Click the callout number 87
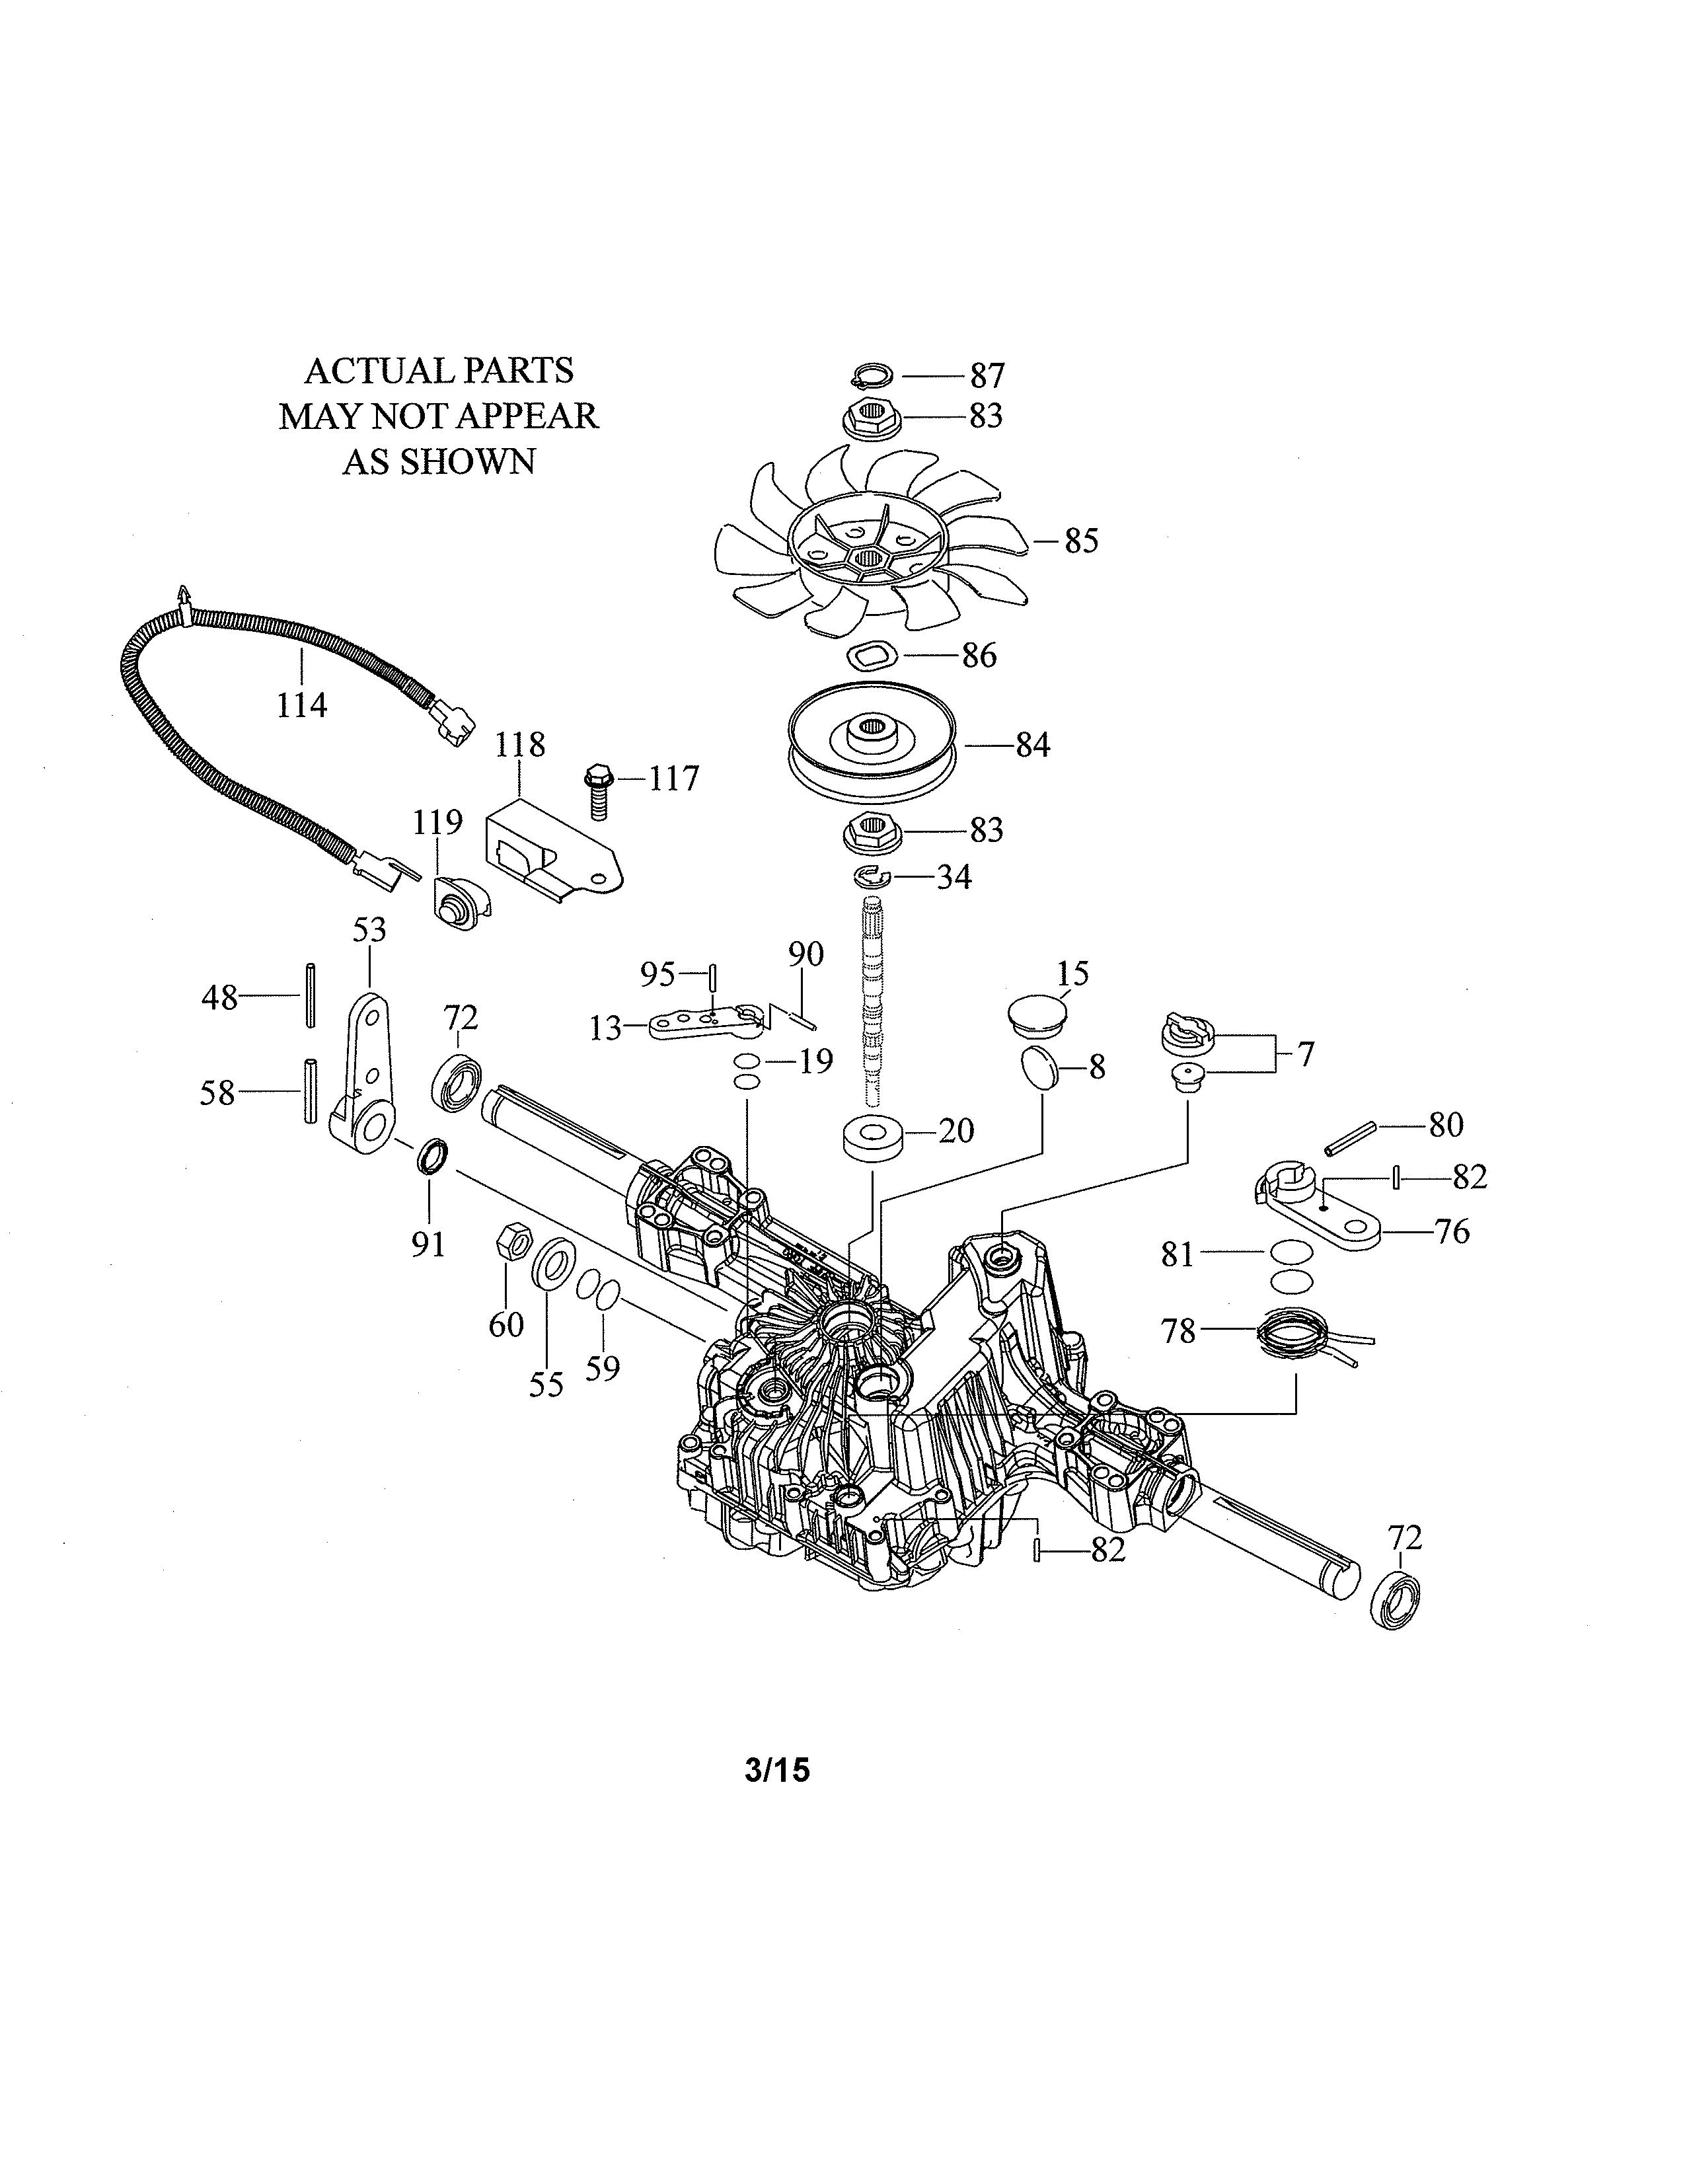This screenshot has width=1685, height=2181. pyautogui.click(x=987, y=377)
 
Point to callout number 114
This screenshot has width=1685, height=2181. pyautogui.click(x=301, y=705)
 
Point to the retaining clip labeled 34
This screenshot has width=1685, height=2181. pyautogui.click(x=872, y=877)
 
